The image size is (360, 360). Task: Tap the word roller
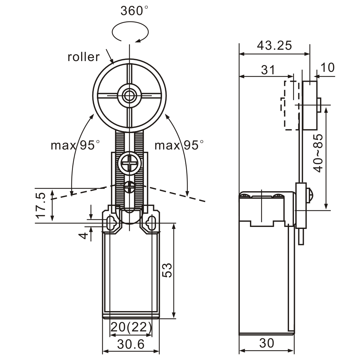tap(83, 57)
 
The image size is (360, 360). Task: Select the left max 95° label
tap(75, 145)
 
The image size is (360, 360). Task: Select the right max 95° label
tap(179, 145)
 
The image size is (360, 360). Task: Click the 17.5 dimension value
tap(41, 206)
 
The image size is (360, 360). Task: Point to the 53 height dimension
tap(167, 270)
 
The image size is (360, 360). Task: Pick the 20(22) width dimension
tap(131, 327)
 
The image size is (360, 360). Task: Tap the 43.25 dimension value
tap(274, 46)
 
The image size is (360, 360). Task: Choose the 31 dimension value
tap(268, 70)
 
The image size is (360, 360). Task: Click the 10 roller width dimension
tap(327, 68)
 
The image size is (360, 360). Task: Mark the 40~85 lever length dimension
tap(318, 153)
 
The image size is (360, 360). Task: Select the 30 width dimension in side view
tap(266, 343)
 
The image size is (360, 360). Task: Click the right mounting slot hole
tap(151, 224)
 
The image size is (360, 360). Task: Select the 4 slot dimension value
tap(84, 236)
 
